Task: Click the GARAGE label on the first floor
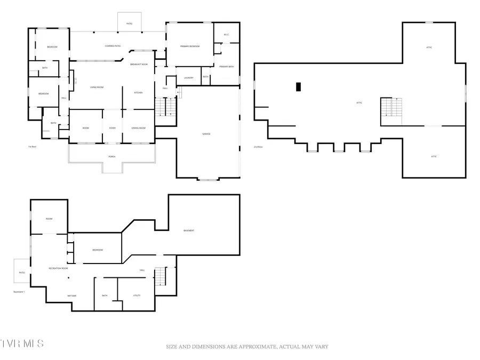(x=206, y=134)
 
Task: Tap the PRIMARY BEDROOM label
(x=189, y=46)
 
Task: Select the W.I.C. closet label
(x=226, y=35)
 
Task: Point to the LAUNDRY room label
(x=188, y=78)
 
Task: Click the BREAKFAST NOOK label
(x=139, y=64)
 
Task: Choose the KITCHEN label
(x=138, y=93)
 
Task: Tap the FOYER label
(x=112, y=128)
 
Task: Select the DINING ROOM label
(x=138, y=128)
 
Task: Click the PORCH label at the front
(x=112, y=156)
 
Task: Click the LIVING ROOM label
(x=96, y=87)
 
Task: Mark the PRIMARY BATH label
(x=227, y=66)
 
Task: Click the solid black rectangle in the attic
(x=299, y=86)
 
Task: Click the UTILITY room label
(x=136, y=295)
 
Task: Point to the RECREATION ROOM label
(x=58, y=268)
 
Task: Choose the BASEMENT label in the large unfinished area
(x=188, y=230)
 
